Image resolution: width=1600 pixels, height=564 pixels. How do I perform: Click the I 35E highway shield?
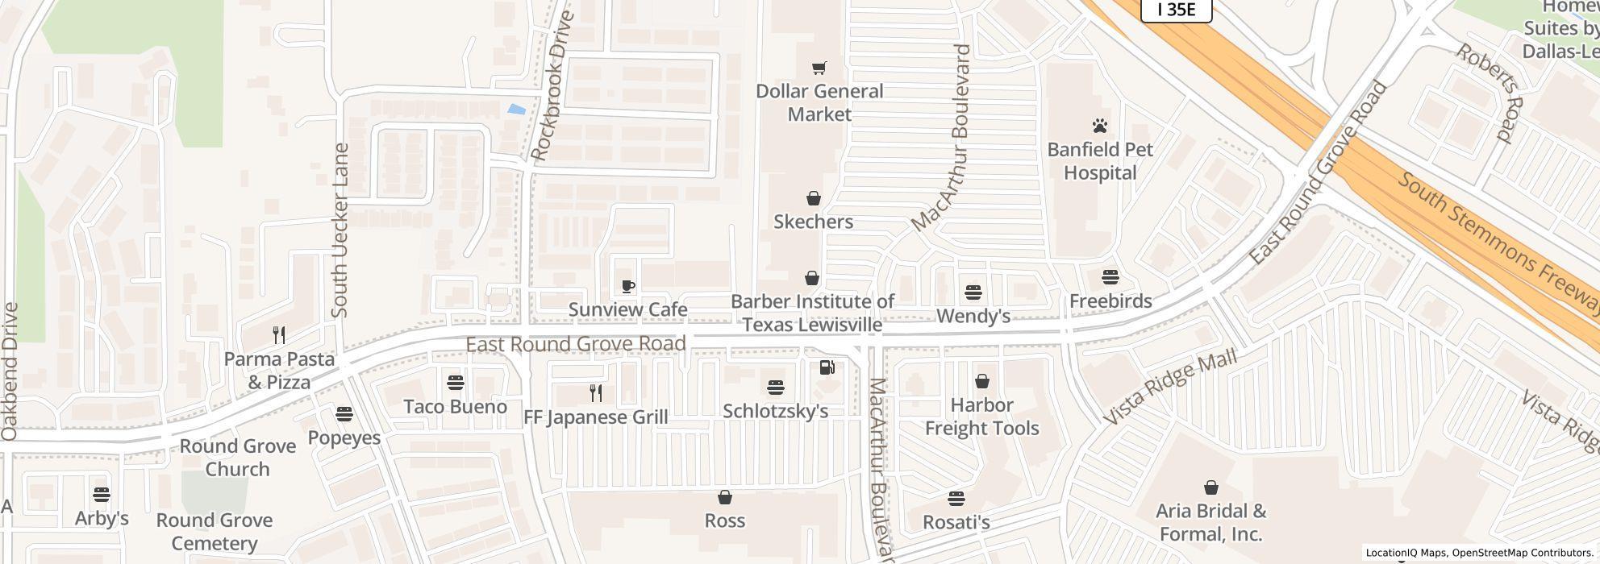tap(1177, 10)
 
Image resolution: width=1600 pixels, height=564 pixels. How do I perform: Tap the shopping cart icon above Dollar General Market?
tap(819, 68)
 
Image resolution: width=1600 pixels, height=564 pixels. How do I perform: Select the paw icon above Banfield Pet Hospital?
tap(1100, 126)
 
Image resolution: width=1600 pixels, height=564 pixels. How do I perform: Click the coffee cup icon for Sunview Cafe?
tap(628, 286)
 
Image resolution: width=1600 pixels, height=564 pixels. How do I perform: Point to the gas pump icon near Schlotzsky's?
tap(827, 367)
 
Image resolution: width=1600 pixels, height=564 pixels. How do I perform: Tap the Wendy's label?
tap(973, 317)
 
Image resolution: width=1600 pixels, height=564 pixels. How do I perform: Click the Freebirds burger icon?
tap(1110, 277)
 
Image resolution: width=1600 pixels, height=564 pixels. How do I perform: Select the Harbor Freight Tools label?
tap(981, 417)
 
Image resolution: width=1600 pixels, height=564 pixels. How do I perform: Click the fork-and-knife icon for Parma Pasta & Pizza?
tap(279, 335)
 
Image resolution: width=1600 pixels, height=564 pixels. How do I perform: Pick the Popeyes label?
tap(344, 438)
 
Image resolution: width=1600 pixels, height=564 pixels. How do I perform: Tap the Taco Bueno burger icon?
tap(455, 382)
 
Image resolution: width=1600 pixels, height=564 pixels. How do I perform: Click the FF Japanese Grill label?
tap(596, 417)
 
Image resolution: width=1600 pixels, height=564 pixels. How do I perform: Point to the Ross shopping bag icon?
tap(724, 497)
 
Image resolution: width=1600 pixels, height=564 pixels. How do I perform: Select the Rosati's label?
tap(956, 522)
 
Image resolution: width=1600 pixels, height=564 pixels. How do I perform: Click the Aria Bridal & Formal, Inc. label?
tap(1210, 522)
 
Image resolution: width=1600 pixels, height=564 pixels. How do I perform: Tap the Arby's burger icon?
tap(101, 494)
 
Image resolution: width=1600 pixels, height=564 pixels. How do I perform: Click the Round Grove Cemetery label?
tap(214, 532)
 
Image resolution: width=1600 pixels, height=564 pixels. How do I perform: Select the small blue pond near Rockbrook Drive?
tap(515, 110)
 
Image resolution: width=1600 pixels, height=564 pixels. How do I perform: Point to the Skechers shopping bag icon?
tap(813, 198)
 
